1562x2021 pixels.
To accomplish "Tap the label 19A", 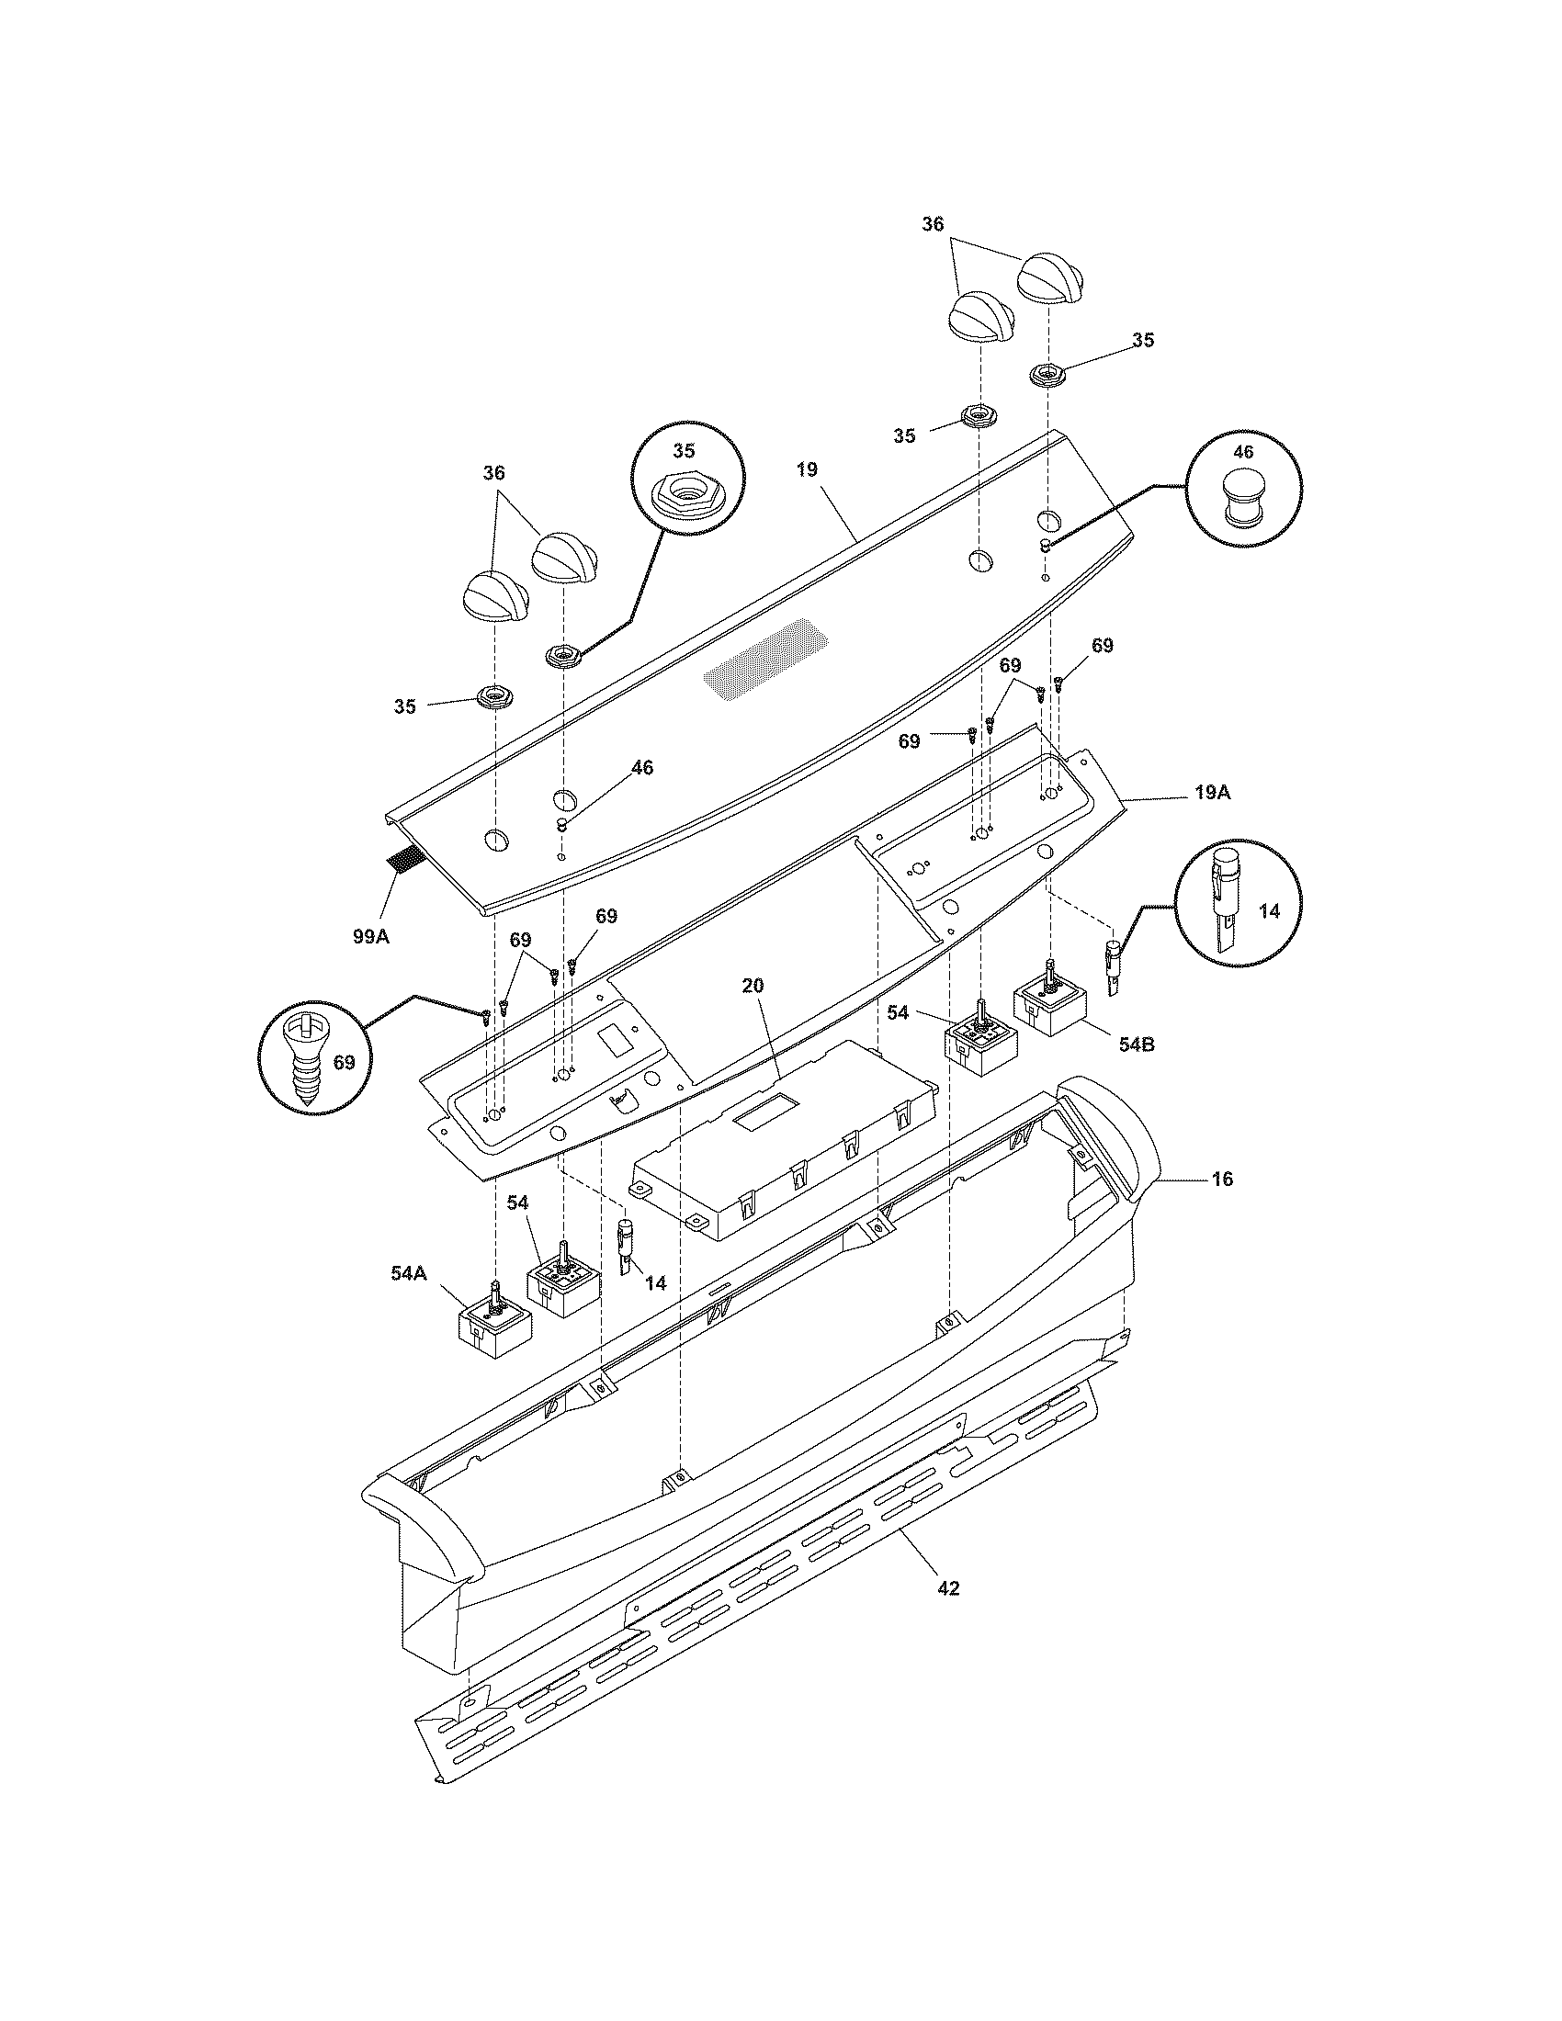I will [1211, 793].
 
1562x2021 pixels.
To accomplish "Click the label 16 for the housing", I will [1221, 1179].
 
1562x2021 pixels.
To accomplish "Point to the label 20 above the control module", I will [753, 986].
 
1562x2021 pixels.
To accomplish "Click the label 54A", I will [408, 1273].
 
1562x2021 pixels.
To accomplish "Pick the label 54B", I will [1136, 1044].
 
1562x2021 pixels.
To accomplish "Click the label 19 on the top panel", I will [807, 469].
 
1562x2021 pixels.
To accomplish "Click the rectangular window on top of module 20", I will [765, 1111].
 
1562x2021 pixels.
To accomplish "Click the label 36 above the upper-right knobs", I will [933, 224].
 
